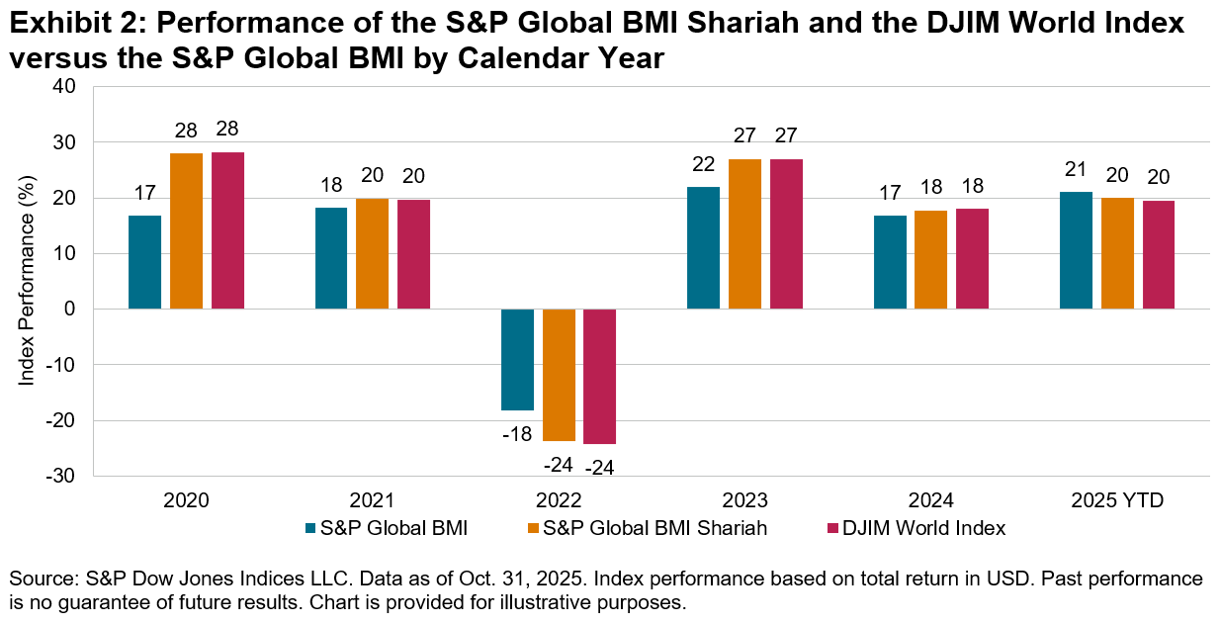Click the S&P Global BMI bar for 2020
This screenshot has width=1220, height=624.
click(144, 262)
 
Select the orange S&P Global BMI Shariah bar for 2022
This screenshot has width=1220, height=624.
click(559, 375)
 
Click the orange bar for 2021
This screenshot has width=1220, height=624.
click(372, 254)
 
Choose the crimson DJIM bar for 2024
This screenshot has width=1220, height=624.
click(972, 259)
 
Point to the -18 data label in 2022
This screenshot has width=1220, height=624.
click(517, 434)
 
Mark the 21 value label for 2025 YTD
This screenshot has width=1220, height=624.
click(1076, 169)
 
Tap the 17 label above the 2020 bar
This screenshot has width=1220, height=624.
click(144, 193)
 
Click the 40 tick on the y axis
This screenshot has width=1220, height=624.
click(65, 87)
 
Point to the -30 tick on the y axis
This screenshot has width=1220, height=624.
click(61, 477)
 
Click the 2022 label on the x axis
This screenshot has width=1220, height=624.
click(559, 501)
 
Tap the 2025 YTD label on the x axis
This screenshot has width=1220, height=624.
click(1117, 501)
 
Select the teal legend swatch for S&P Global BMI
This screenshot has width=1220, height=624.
click(313, 528)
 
